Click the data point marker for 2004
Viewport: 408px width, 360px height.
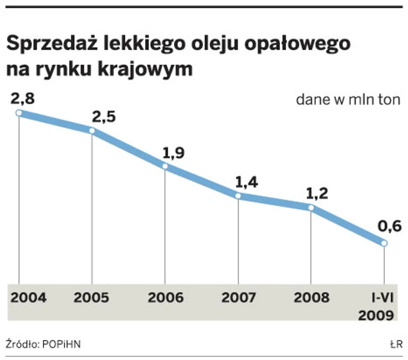[19, 113]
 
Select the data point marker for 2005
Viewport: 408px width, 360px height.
[92, 131]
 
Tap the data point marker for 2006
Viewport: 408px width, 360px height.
[165, 167]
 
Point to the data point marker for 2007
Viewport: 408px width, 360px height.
[238, 196]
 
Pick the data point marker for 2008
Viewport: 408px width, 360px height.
[311, 208]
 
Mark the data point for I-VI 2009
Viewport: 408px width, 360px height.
[384, 244]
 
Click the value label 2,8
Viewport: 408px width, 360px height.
[23, 98]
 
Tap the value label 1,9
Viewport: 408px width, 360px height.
[173, 152]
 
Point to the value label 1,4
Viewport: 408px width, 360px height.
[247, 182]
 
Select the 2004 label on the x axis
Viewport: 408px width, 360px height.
[28, 297]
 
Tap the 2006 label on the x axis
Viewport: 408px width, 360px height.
[166, 297]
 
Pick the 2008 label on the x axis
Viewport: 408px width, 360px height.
[311, 297]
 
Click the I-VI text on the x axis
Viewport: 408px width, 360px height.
[382, 297]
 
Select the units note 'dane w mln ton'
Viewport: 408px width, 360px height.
[348, 99]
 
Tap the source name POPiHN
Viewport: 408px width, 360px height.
[61, 344]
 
